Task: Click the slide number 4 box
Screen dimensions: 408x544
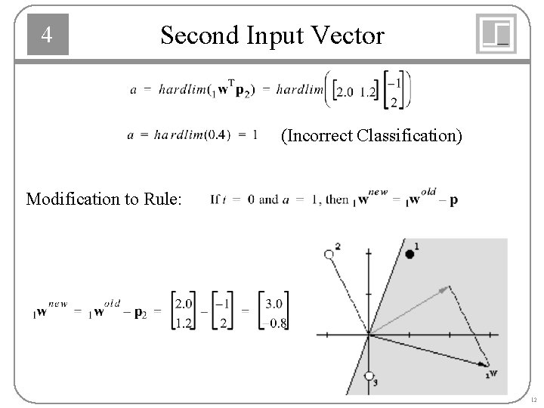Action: coord(48,35)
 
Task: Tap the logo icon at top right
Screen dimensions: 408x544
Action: coord(496,34)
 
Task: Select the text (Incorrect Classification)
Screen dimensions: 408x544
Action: coord(372,137)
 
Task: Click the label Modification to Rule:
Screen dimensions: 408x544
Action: coord(104,199)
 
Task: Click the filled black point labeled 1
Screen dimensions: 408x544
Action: coord(410,255)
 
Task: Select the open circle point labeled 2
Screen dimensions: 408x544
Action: coord(328,255)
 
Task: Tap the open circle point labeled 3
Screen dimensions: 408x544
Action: coord(369,376)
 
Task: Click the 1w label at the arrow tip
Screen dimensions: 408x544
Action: coord(491,372)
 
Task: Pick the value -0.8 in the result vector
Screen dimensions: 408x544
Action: coord(272,323)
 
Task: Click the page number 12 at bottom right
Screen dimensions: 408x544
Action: coord(533,399)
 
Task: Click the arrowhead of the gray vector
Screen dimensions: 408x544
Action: coord(448,287)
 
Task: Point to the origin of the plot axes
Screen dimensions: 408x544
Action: coord(369,334)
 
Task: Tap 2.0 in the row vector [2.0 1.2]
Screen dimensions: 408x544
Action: coord(345,92)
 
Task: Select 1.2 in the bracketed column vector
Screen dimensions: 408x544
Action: coord(184,323)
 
